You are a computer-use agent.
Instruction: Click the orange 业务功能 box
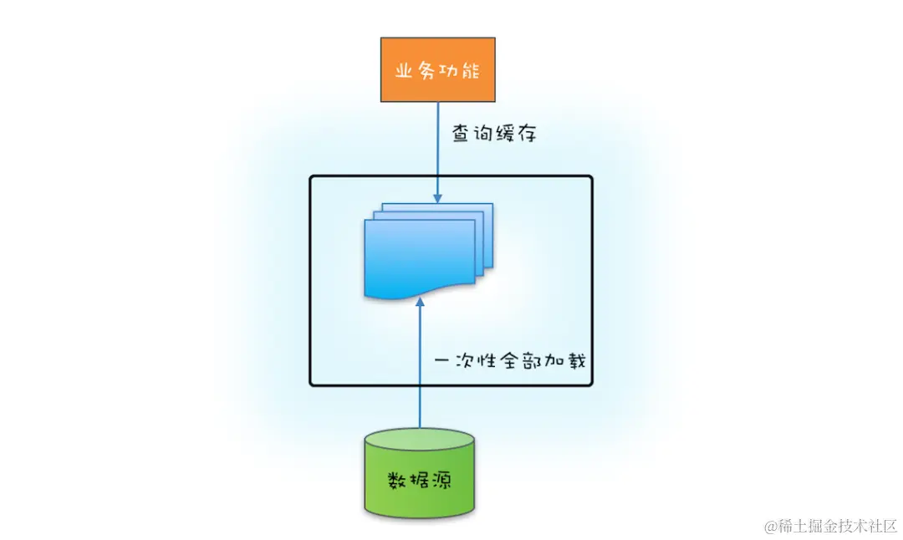(x=437, y=69)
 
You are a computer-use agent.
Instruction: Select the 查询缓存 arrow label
(x=491, y=132)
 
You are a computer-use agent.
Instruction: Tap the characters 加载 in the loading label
(x=571, y=362)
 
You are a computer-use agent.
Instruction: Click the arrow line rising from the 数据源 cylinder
(x=420, y=376)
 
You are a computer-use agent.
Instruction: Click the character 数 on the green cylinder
(x=397, y=481)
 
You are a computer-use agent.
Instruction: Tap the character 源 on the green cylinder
(x=441, y=481)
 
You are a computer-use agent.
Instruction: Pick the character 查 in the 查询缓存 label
(x=460, y=132)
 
